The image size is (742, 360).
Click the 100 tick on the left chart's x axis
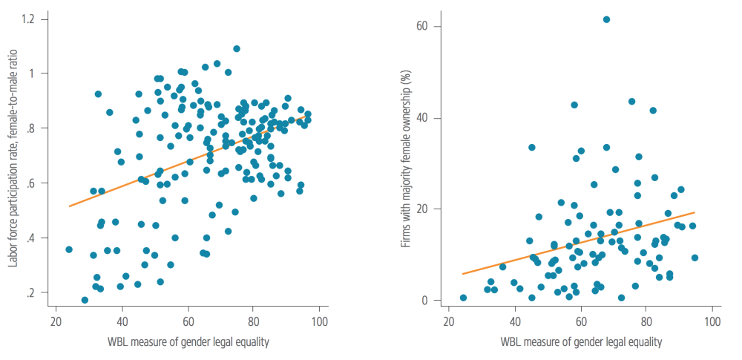320,324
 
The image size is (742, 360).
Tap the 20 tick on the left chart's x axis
56,324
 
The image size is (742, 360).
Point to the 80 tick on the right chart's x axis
646,324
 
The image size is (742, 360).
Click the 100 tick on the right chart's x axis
712,324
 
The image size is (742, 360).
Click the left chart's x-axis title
187,342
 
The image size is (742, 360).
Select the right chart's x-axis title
580,342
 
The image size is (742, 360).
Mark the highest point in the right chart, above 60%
606,19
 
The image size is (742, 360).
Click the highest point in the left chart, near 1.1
237,49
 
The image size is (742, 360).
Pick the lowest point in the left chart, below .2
85,300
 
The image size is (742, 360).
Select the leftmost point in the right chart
463,298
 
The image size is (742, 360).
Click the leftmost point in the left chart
69,249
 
